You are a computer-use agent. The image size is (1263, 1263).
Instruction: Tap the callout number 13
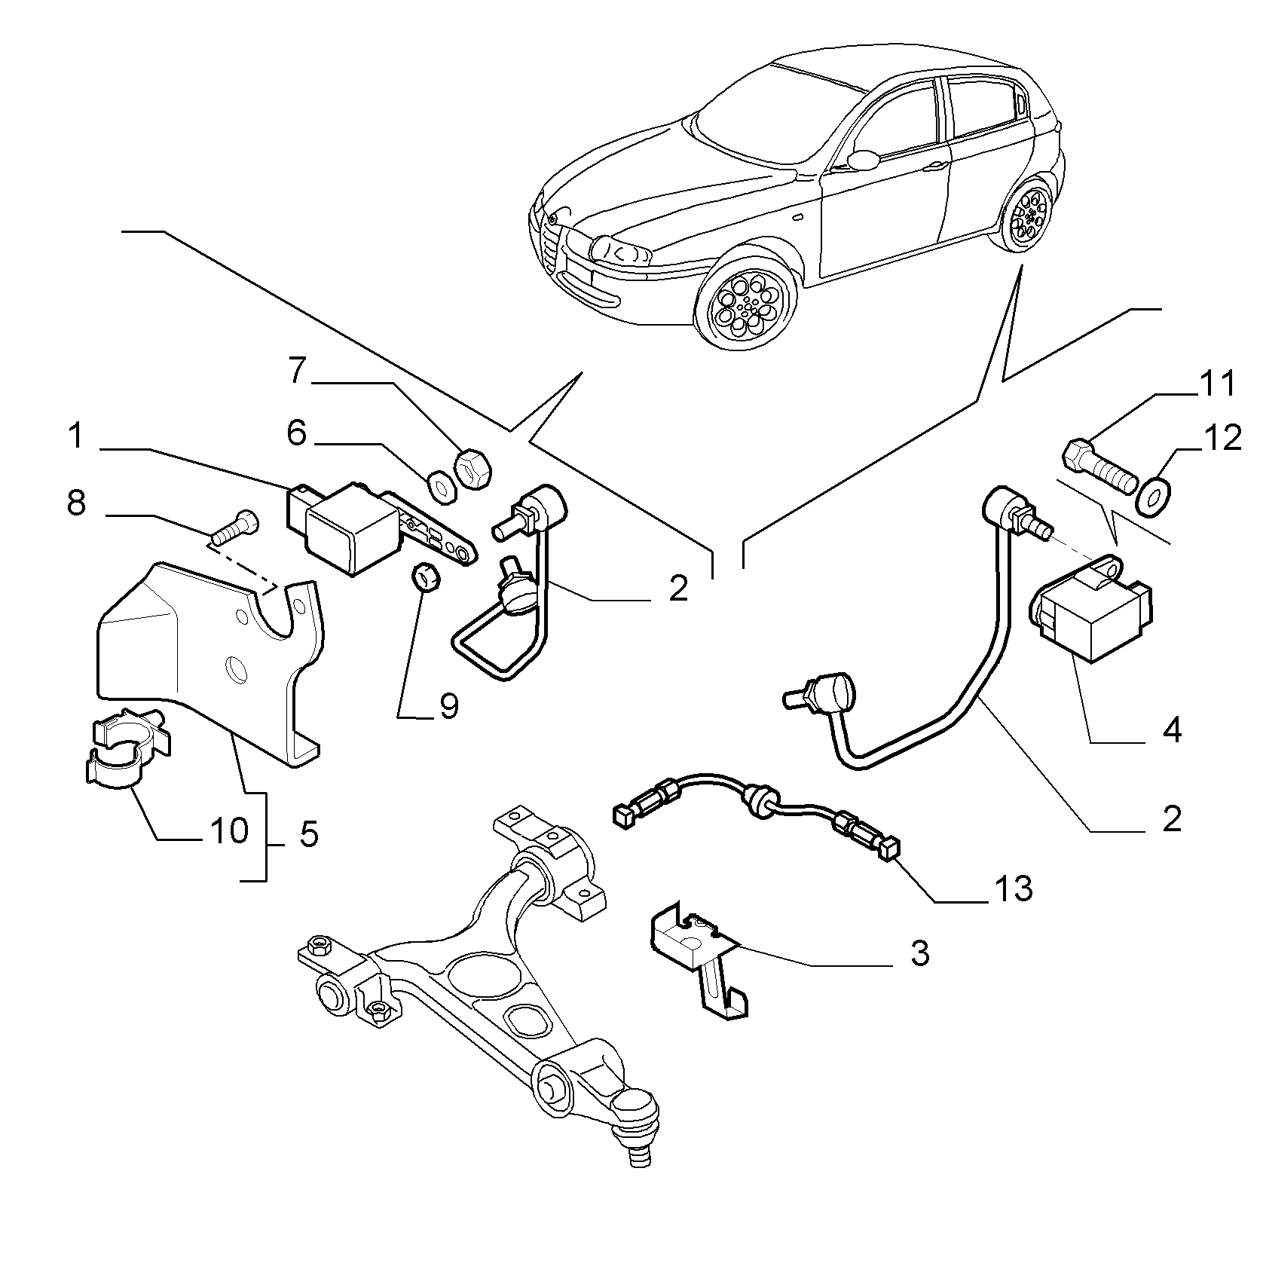click(1014, 889)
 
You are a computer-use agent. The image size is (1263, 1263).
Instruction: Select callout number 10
click(229, 831)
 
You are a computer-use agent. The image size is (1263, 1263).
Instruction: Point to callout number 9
click(449, 708)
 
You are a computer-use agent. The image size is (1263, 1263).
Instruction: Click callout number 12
click(1222, 438)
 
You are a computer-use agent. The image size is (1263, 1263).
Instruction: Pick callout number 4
click(1171, 730)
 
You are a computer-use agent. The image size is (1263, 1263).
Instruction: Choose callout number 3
click(919, 954)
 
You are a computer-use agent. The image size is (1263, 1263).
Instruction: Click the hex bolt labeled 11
click(1099, 466)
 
